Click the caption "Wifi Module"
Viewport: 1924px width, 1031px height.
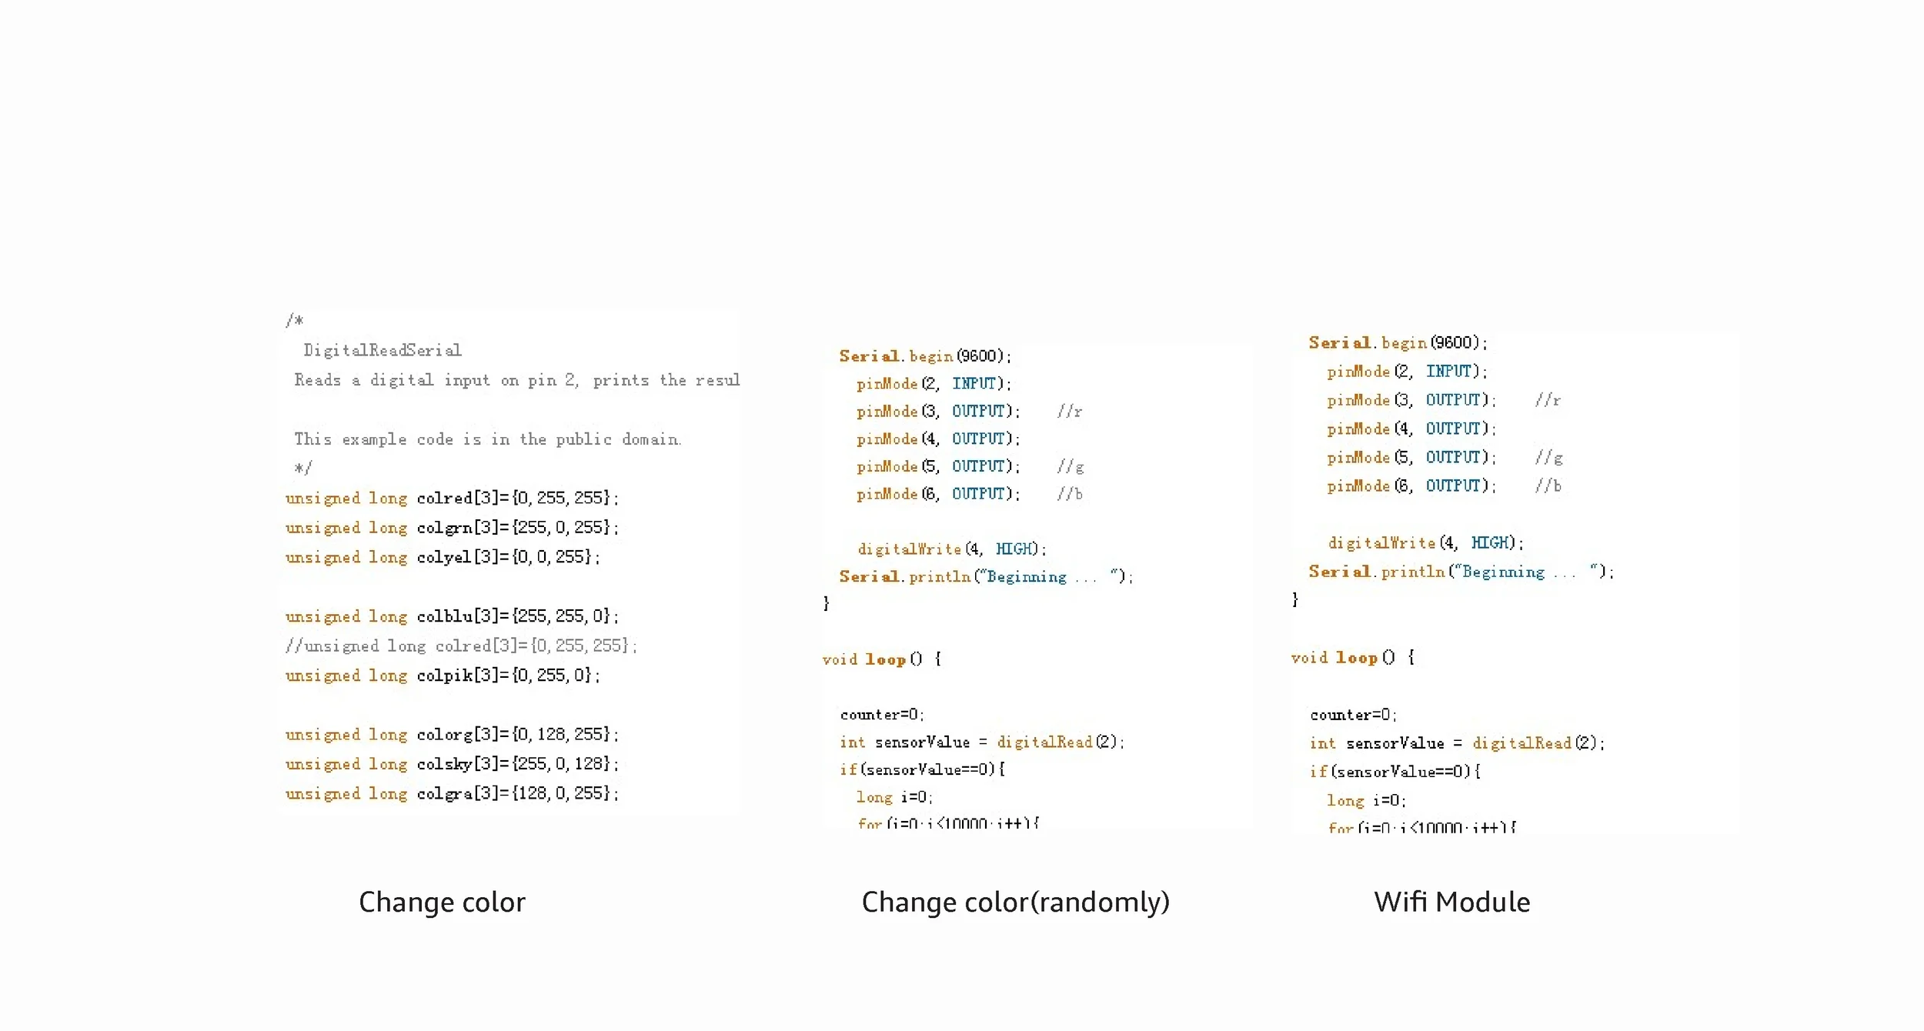[x=1451, y=902]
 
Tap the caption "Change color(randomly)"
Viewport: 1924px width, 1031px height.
[x=1015, y=902]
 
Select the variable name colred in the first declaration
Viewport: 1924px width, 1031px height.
[x=444, y=498]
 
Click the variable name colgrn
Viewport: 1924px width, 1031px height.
[x=444, y=528]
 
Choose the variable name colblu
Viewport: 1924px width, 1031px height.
[x=444, y=616]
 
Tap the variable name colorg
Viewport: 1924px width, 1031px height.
[x=444, y=735]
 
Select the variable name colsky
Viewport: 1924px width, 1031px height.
[x=444, y=764]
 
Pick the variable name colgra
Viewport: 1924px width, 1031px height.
[x=444, y=793]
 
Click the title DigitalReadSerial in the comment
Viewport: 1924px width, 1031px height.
[x=382, y=351]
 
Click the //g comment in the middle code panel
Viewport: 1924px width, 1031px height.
[x=1071, y=467]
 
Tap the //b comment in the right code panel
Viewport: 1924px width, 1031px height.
[x=1548, y=486]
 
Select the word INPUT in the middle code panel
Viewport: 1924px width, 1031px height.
[x=974, y=383]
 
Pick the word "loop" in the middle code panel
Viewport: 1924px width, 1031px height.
[x=885, y=659]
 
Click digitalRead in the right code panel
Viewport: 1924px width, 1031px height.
[x=1521, y=743]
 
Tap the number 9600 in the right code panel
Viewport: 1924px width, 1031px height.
[x=1453, y=343]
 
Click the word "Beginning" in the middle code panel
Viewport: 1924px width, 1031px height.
[x=1027, y=577]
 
